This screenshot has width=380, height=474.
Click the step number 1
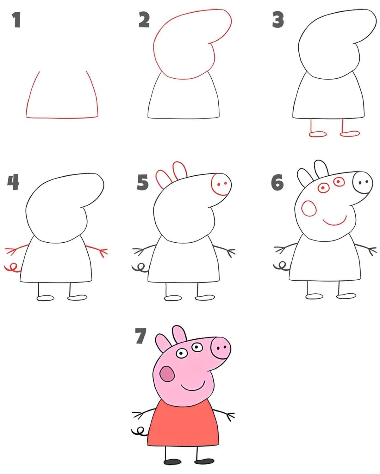16,20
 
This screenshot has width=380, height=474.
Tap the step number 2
144,20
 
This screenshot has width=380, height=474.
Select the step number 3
278,20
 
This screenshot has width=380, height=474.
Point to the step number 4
13,182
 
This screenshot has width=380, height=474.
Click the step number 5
142,182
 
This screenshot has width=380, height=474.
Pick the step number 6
277,182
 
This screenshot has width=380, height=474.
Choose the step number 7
140,336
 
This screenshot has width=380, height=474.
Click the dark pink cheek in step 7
167,374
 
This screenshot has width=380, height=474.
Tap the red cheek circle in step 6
309,208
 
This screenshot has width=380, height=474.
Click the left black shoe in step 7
172,462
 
